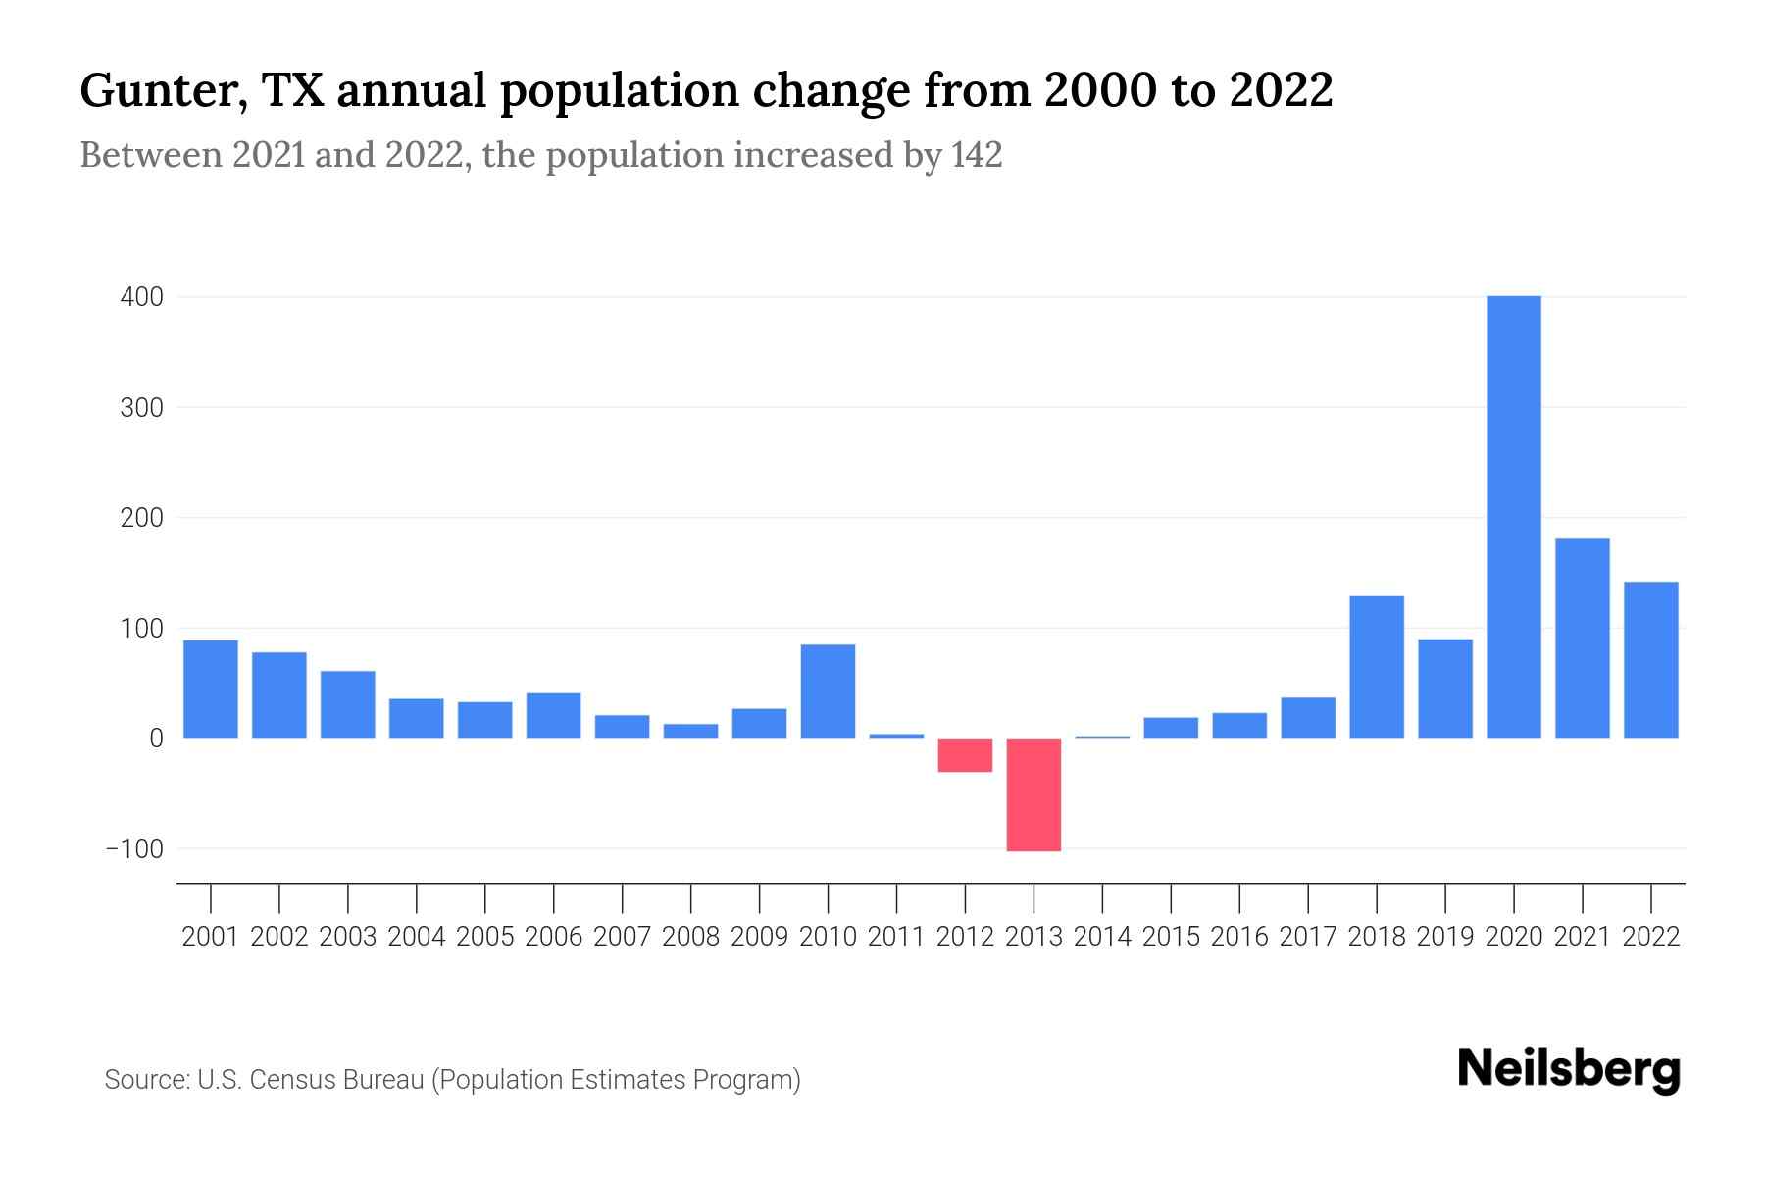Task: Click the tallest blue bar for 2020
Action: (1513, 517)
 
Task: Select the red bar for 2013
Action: (1034, 794)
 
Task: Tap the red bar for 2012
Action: (965, 755)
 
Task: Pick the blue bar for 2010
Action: (828, 691)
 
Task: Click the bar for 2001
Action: (211, 689)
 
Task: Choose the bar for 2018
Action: (1377, 667)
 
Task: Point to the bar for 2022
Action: (1650, 659)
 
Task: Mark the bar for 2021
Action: (1582, 638)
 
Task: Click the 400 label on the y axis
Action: (141, 297)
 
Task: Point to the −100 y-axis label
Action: (134, 849)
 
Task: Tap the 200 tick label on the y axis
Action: (141, 518)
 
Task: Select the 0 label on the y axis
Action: (156, 739)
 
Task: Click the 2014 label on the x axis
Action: (1102, 937)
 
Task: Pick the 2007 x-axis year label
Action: (622, 937)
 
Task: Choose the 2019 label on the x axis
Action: (1445, 937)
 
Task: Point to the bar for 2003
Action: (348, 704)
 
